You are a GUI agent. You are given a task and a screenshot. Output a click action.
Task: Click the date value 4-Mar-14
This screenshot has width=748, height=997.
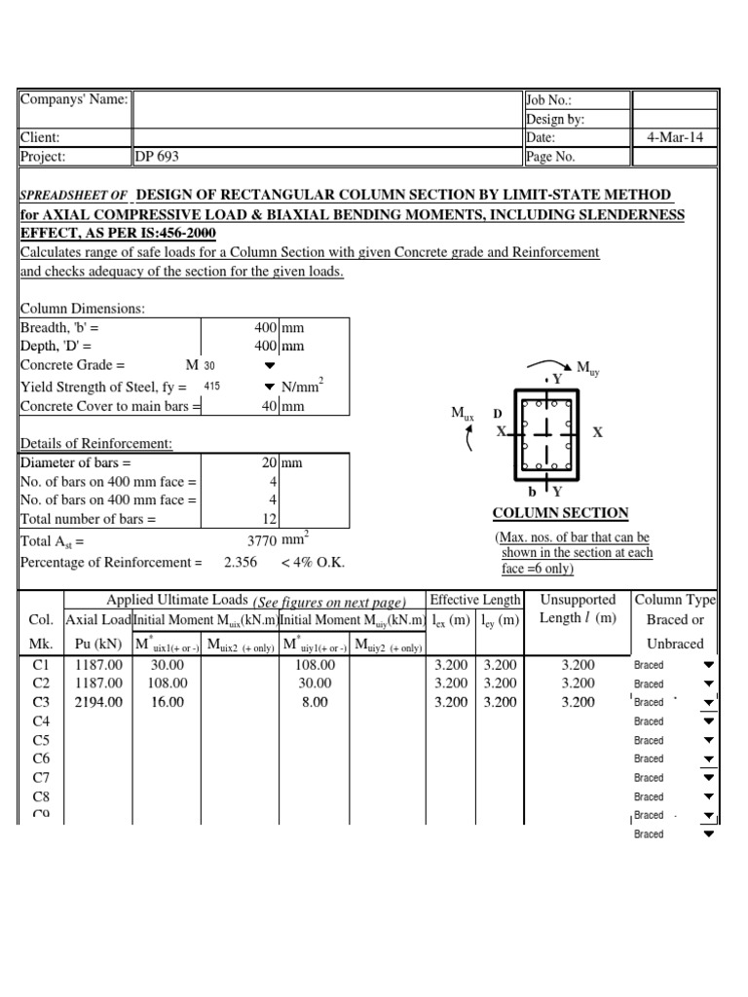tap(675, 137)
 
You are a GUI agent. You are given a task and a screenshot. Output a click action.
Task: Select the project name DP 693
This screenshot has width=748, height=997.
tap(157, 156)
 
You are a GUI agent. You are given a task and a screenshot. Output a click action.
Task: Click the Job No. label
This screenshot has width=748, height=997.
tap(549, 100)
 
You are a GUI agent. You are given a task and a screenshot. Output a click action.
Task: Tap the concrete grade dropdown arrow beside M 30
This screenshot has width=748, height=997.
tap(270, 365)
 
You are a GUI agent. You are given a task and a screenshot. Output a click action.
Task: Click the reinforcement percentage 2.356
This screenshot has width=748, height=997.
tap(242, 562)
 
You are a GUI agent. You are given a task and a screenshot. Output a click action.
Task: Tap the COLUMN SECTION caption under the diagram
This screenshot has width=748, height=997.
tap(560, 513)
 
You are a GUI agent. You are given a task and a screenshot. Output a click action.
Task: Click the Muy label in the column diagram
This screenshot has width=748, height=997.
tap(588, 367)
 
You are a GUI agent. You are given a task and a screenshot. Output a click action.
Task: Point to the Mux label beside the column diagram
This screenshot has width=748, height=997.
tap(462, 414)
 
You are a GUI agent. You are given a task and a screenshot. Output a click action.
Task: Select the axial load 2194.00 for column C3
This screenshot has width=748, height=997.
tap(97, 702)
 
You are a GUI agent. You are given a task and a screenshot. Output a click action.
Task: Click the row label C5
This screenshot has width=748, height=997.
tap(41, 740)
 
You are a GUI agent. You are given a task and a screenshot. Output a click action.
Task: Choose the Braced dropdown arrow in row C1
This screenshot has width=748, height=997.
tap(708, 665)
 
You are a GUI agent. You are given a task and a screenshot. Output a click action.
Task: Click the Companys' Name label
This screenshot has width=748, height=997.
tap(74, 100)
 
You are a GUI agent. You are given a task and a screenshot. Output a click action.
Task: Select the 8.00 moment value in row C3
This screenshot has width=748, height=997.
tap(315, 702)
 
